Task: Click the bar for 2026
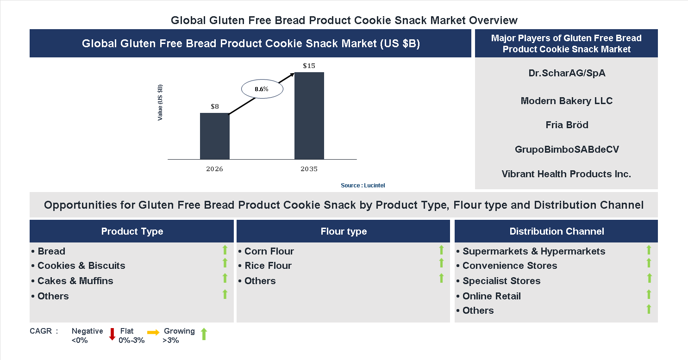click(214, 136)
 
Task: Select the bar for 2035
click(309, 116)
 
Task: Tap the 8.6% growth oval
click(262, 89)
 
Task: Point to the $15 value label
click(309, 66)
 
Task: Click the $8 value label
click(215, 106)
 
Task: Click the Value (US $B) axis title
click(160, 103)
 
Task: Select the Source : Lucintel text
click(363, 185)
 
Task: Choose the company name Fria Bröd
click(567, 125)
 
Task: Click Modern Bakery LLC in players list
click(567, 101)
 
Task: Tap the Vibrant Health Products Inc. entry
click(567, 174)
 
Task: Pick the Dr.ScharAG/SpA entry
click(567, 73)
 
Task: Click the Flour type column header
click(343, 231)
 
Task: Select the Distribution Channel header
click(556, 231)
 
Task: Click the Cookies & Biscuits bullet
click(81, 266)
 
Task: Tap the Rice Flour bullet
click(268, 266)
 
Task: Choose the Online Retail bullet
click(491, 296)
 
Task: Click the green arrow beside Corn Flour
click(441, 250)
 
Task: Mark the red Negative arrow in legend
click(112, 334)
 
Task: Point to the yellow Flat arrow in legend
click(153, 332)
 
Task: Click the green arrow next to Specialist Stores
click(649, 278)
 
